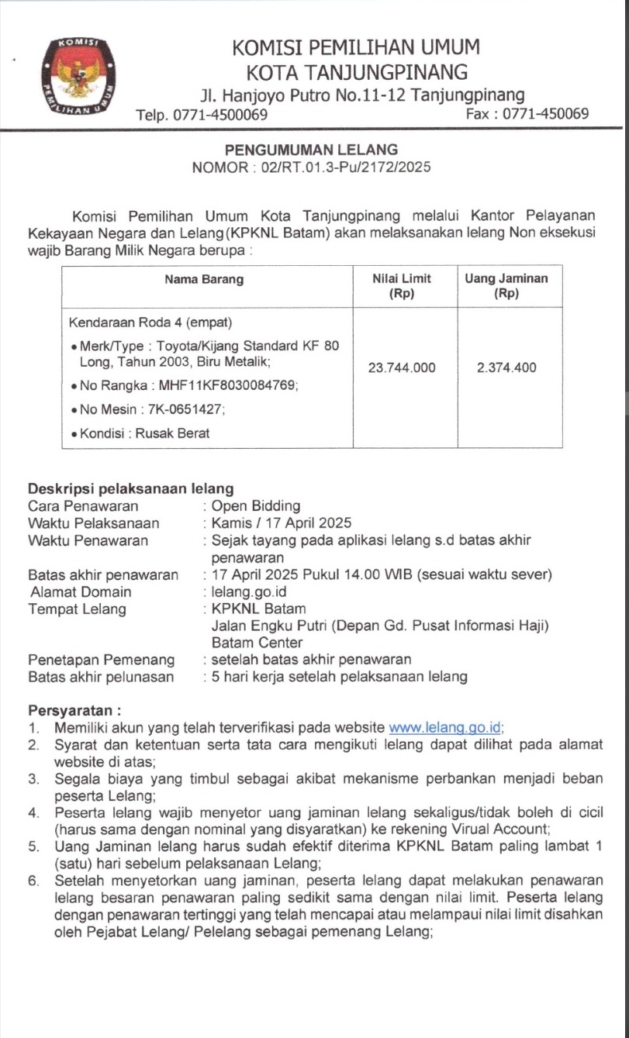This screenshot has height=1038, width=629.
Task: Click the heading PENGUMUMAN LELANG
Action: coord(311,150)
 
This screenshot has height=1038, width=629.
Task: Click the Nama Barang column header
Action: coord(204,280)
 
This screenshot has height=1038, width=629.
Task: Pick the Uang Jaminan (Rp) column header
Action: coord(506,286)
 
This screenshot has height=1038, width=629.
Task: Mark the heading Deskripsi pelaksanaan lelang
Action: coord(131,489)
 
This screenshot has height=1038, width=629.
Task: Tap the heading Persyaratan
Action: coord(74,710)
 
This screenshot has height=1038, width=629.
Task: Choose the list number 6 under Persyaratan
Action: coord(34,881)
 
